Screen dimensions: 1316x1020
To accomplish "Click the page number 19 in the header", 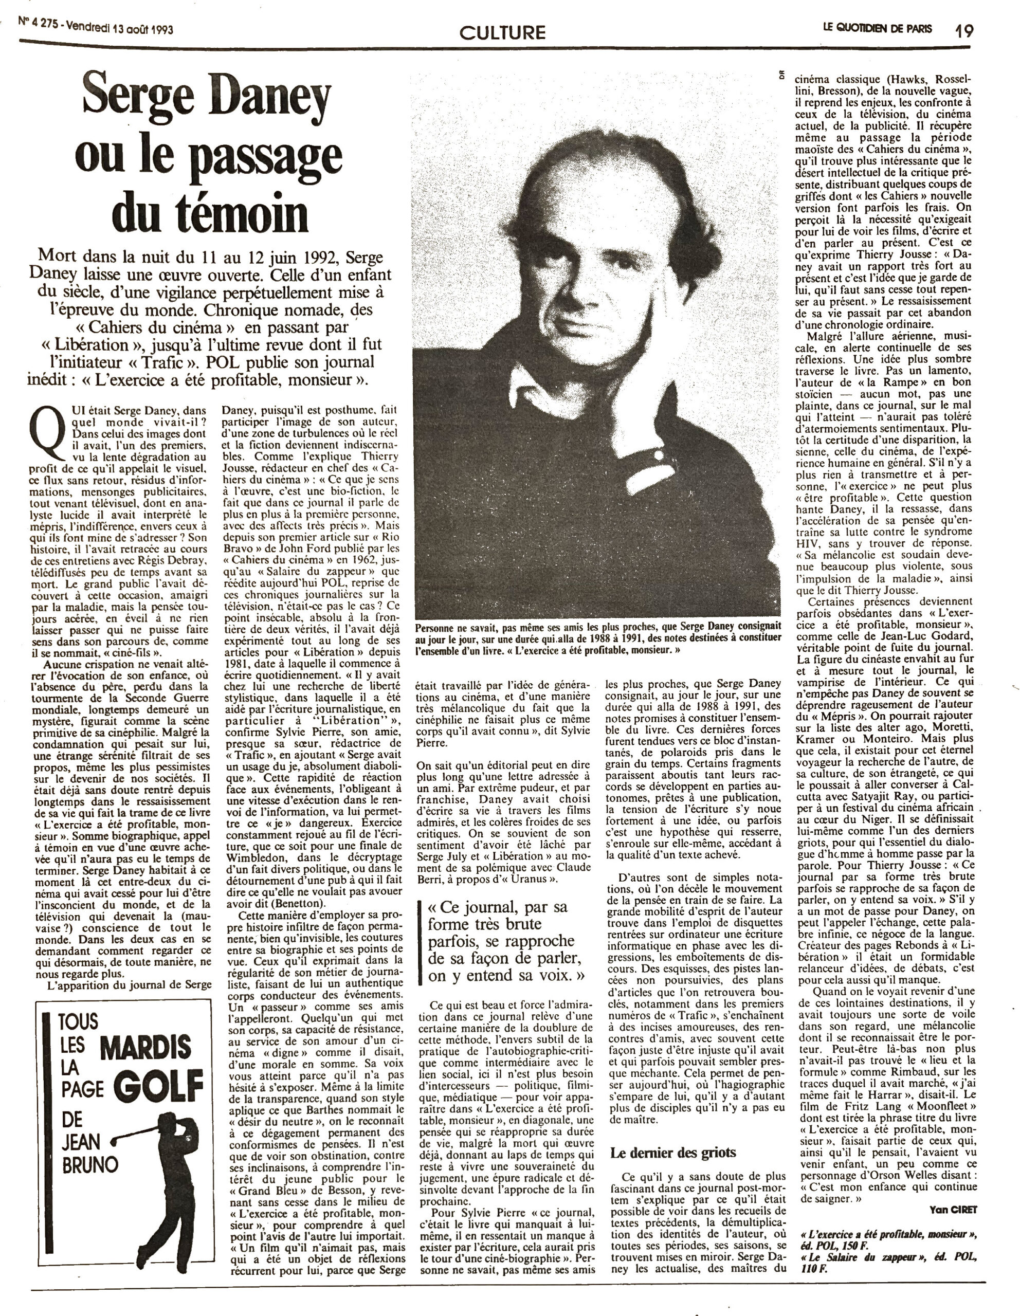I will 963,30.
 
